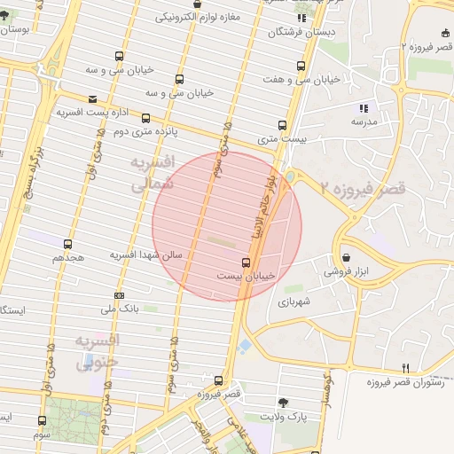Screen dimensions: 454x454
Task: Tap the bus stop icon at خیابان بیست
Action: tap(246, 262)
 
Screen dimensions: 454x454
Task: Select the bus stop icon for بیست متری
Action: tap(282, 125)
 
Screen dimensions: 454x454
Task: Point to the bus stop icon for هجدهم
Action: tap(68, 243)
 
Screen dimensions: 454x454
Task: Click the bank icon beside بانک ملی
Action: tap(120, 295)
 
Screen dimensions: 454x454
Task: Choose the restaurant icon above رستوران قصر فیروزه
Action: tap(406, 367)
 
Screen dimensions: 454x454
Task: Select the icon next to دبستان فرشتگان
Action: tap(302, 18)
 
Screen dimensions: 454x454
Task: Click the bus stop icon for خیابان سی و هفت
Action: tap(301, 66)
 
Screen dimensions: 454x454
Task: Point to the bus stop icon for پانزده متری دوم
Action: tap(145, 118)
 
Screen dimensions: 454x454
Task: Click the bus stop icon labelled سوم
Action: tap(42, 420)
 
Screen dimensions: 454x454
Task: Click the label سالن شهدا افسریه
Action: tap(145, 255)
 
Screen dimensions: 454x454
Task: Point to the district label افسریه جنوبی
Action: tap(96, 352)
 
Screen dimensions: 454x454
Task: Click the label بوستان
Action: tap(18, 29)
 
